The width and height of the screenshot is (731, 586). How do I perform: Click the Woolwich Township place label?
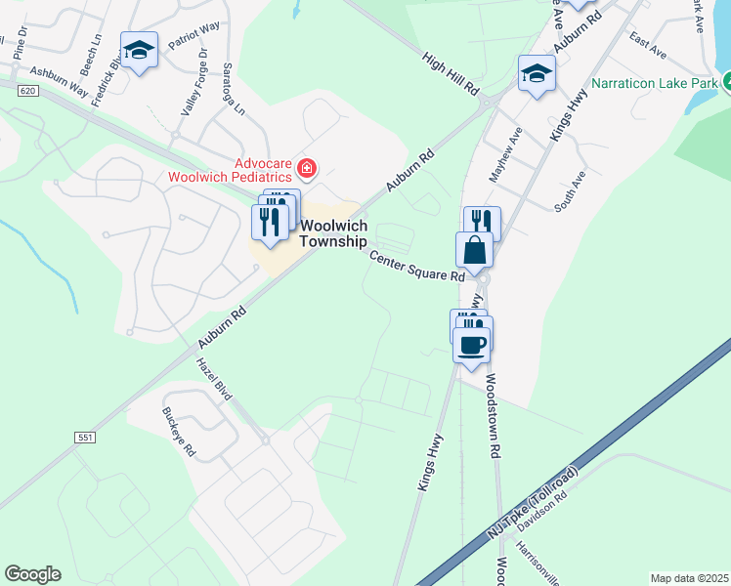(333, 233)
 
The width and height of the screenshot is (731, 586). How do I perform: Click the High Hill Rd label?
(451, 73)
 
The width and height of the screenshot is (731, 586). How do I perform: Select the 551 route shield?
(85, 439)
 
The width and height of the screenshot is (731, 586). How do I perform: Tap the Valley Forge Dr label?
(192, 84)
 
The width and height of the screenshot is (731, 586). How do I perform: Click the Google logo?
(32, 574)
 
